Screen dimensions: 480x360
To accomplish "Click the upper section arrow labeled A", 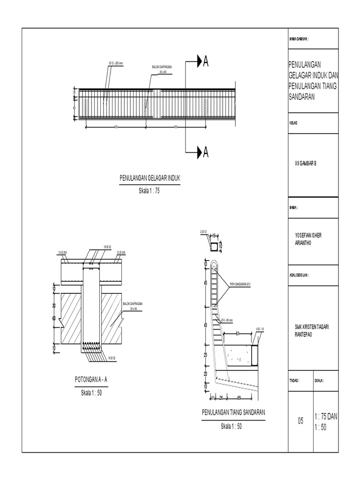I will (197, 61).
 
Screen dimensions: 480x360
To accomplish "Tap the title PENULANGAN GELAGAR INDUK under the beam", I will (150, 178).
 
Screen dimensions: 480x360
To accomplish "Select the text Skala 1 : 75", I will (150, 190).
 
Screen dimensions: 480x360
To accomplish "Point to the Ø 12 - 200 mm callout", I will (115, 63).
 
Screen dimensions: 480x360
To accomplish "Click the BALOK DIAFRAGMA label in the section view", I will (133, 305).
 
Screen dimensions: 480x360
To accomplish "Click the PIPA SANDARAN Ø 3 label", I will (240, 284).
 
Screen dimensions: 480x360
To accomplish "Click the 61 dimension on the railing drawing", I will (238, 334).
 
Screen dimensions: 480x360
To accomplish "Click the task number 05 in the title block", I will (300, 421).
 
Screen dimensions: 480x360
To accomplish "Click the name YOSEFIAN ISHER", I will (308, 234).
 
